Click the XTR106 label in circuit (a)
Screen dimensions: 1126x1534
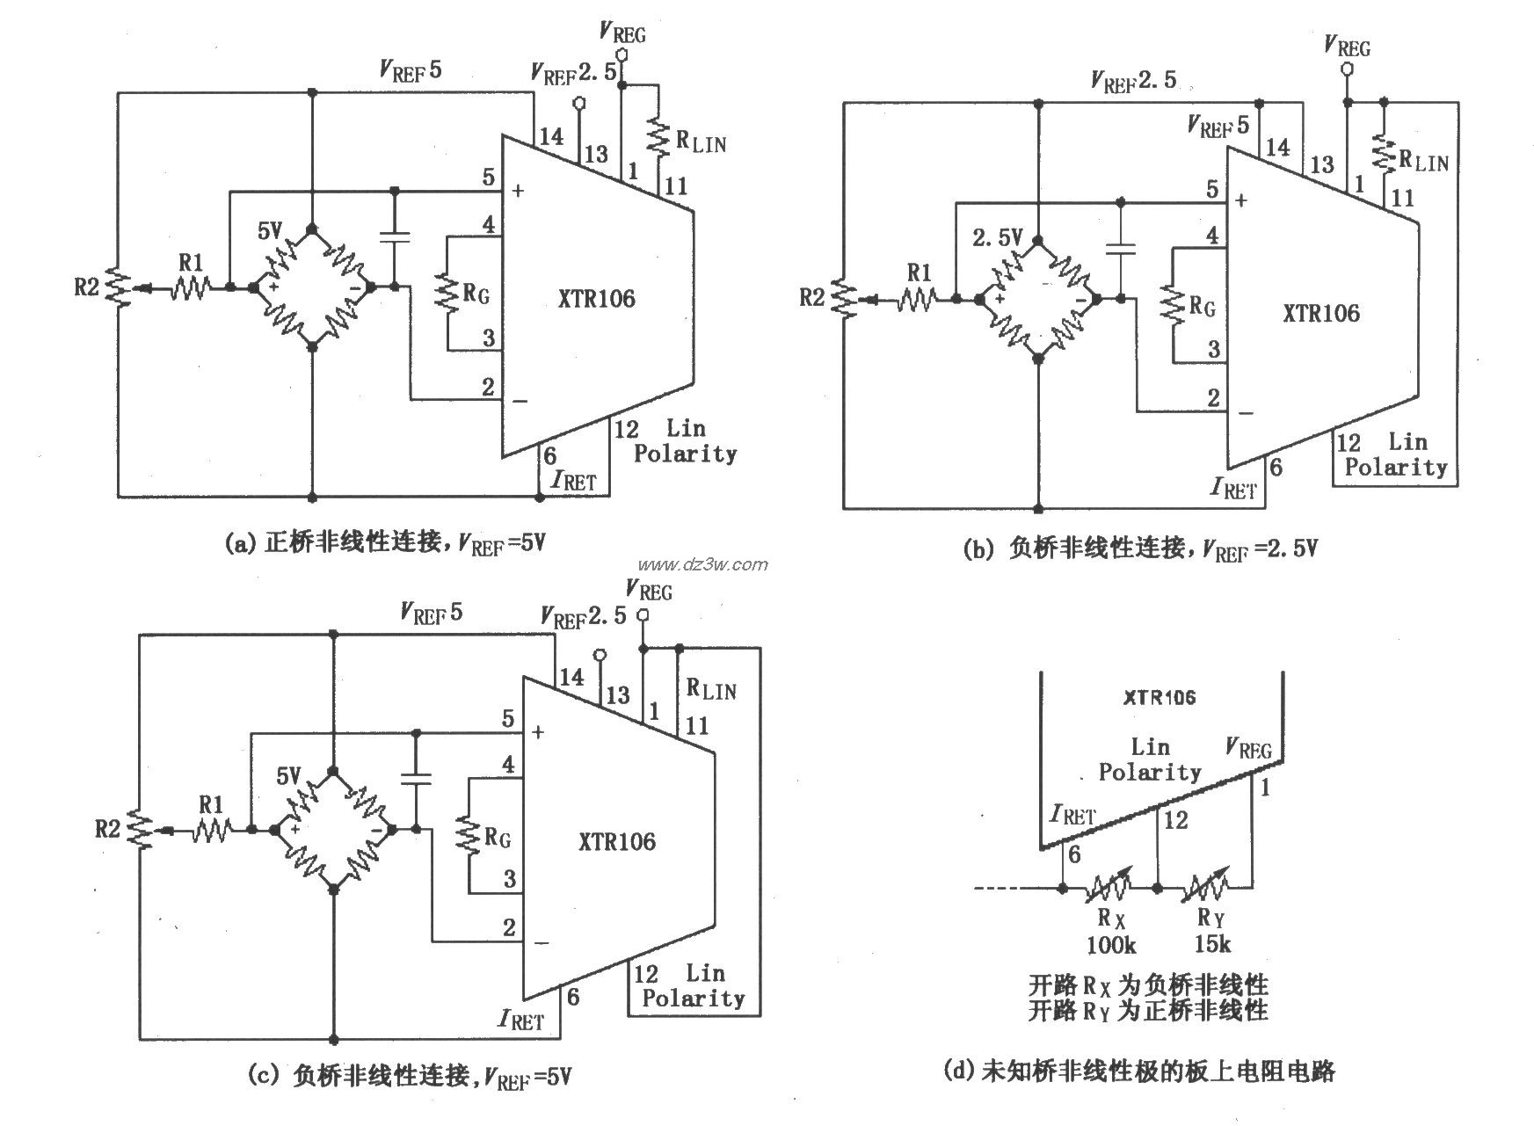(595, 299)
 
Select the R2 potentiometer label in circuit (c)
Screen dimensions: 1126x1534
(106, 828)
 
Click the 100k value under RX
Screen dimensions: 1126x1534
(1111, 945)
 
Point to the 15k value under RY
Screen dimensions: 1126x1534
(1212, 945)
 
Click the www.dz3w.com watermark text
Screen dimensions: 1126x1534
(702, 564)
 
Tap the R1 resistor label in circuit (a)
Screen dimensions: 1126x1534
(190, 261)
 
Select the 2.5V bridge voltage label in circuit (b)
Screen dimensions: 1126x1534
(998, 237)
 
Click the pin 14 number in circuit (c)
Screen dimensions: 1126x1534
(571, 676)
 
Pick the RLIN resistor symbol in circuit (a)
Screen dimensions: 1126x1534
(658, 135)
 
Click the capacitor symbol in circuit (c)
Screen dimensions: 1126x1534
(415, 777)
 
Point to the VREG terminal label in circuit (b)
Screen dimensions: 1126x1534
(1347, 46)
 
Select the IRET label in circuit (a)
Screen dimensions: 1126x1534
(573, 480)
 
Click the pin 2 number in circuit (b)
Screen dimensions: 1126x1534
(1213, 398)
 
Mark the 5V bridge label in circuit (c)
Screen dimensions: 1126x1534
(289, 776)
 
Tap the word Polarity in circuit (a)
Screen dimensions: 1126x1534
(685, 454)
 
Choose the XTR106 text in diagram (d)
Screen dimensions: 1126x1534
(1160, 697)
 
